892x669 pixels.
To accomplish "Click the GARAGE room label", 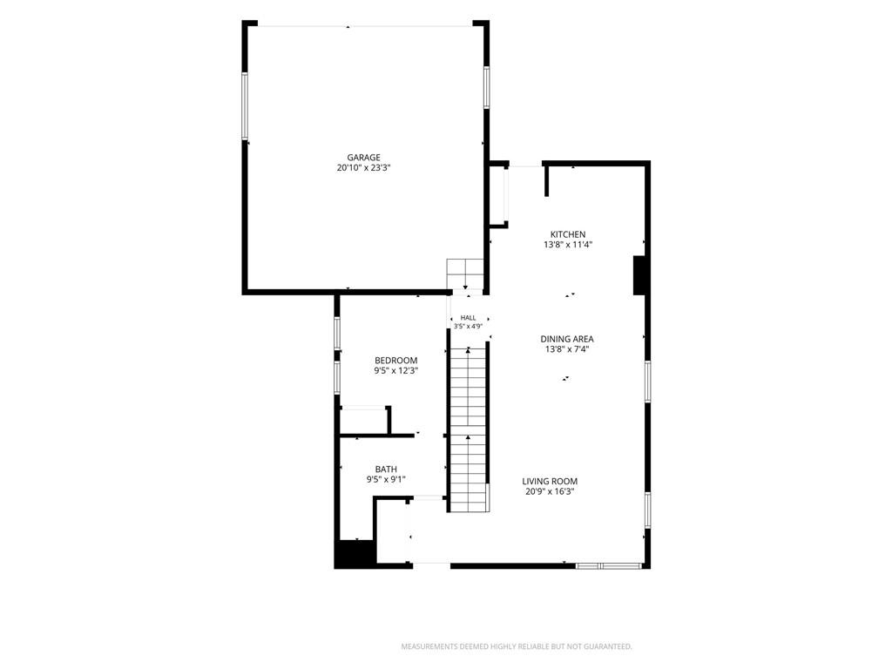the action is tap(363, 158).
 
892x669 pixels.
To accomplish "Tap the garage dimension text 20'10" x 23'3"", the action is tap(363, 168).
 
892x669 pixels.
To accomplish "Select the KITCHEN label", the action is tap(568, 234).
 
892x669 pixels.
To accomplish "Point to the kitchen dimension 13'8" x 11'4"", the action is tap(568, 245).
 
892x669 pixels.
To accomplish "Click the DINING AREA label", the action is tap(566, 339).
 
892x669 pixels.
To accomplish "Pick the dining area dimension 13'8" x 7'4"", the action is tap(566, 349).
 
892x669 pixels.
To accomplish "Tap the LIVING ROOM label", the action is tap(550, 481).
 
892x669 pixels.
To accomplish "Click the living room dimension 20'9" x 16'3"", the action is tap(550, 492).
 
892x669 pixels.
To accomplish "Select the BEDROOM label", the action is tap(396, 361).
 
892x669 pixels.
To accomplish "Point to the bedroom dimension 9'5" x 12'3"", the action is tap(396, 371).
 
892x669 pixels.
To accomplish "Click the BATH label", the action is tap(386, 470).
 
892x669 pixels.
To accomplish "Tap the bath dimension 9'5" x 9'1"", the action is tap(386, 480).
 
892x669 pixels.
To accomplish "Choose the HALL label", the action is tap(468, 318).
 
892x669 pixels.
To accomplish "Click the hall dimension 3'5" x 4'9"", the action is tap(468, 327).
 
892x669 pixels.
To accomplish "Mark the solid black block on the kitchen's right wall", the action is tap(639, 275).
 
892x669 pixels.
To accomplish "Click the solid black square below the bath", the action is tap(355, 554).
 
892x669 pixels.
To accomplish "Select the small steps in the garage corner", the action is tap(465, 274).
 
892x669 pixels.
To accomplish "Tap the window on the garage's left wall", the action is tap(245, 105).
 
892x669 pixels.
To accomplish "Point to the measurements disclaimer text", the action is tap(517, 647).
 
